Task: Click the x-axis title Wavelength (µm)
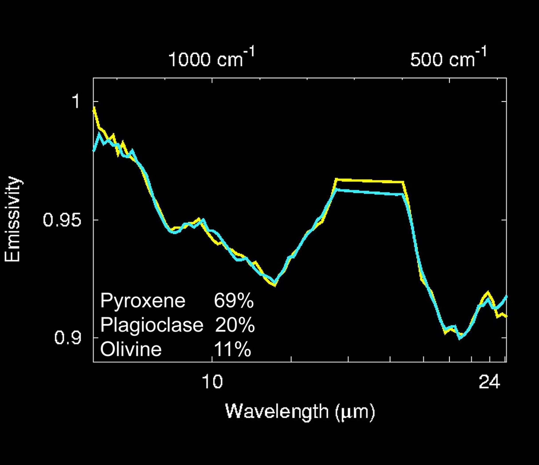[x=300, y=412]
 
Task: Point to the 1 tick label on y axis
[x=76, y=101]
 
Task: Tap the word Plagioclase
[x=152, y=325]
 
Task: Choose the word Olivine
[x=131, y=349]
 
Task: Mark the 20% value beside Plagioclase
[x=235, y=325]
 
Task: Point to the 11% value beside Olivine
[x=232, y=349]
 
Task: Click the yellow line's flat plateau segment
[x=369, y=181]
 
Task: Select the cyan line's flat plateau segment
[x=369, y=192]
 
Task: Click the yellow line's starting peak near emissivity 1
[x=94, y=108]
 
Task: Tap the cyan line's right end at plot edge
[x=506, y=297]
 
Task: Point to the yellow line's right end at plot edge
[x=506, y=316]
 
